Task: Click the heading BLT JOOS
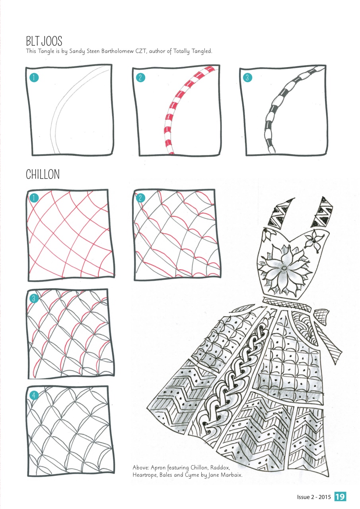pyautogui.click(x=44, y=41)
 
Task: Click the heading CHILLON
pyautogui.click(x=43, y=174)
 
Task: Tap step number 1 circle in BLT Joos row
pyautogui.click(x=35, y=78)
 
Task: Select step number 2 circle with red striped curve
pyautogui.click(x=140, y=78)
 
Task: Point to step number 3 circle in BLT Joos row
pyautogui.click(x=247, y=78)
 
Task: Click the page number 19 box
pyautogui.click(x=340, y=497)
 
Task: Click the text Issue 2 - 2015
pyautogui.click(x=314, y=497)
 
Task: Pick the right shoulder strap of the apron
pyautogui.click(x=325, y=212)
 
